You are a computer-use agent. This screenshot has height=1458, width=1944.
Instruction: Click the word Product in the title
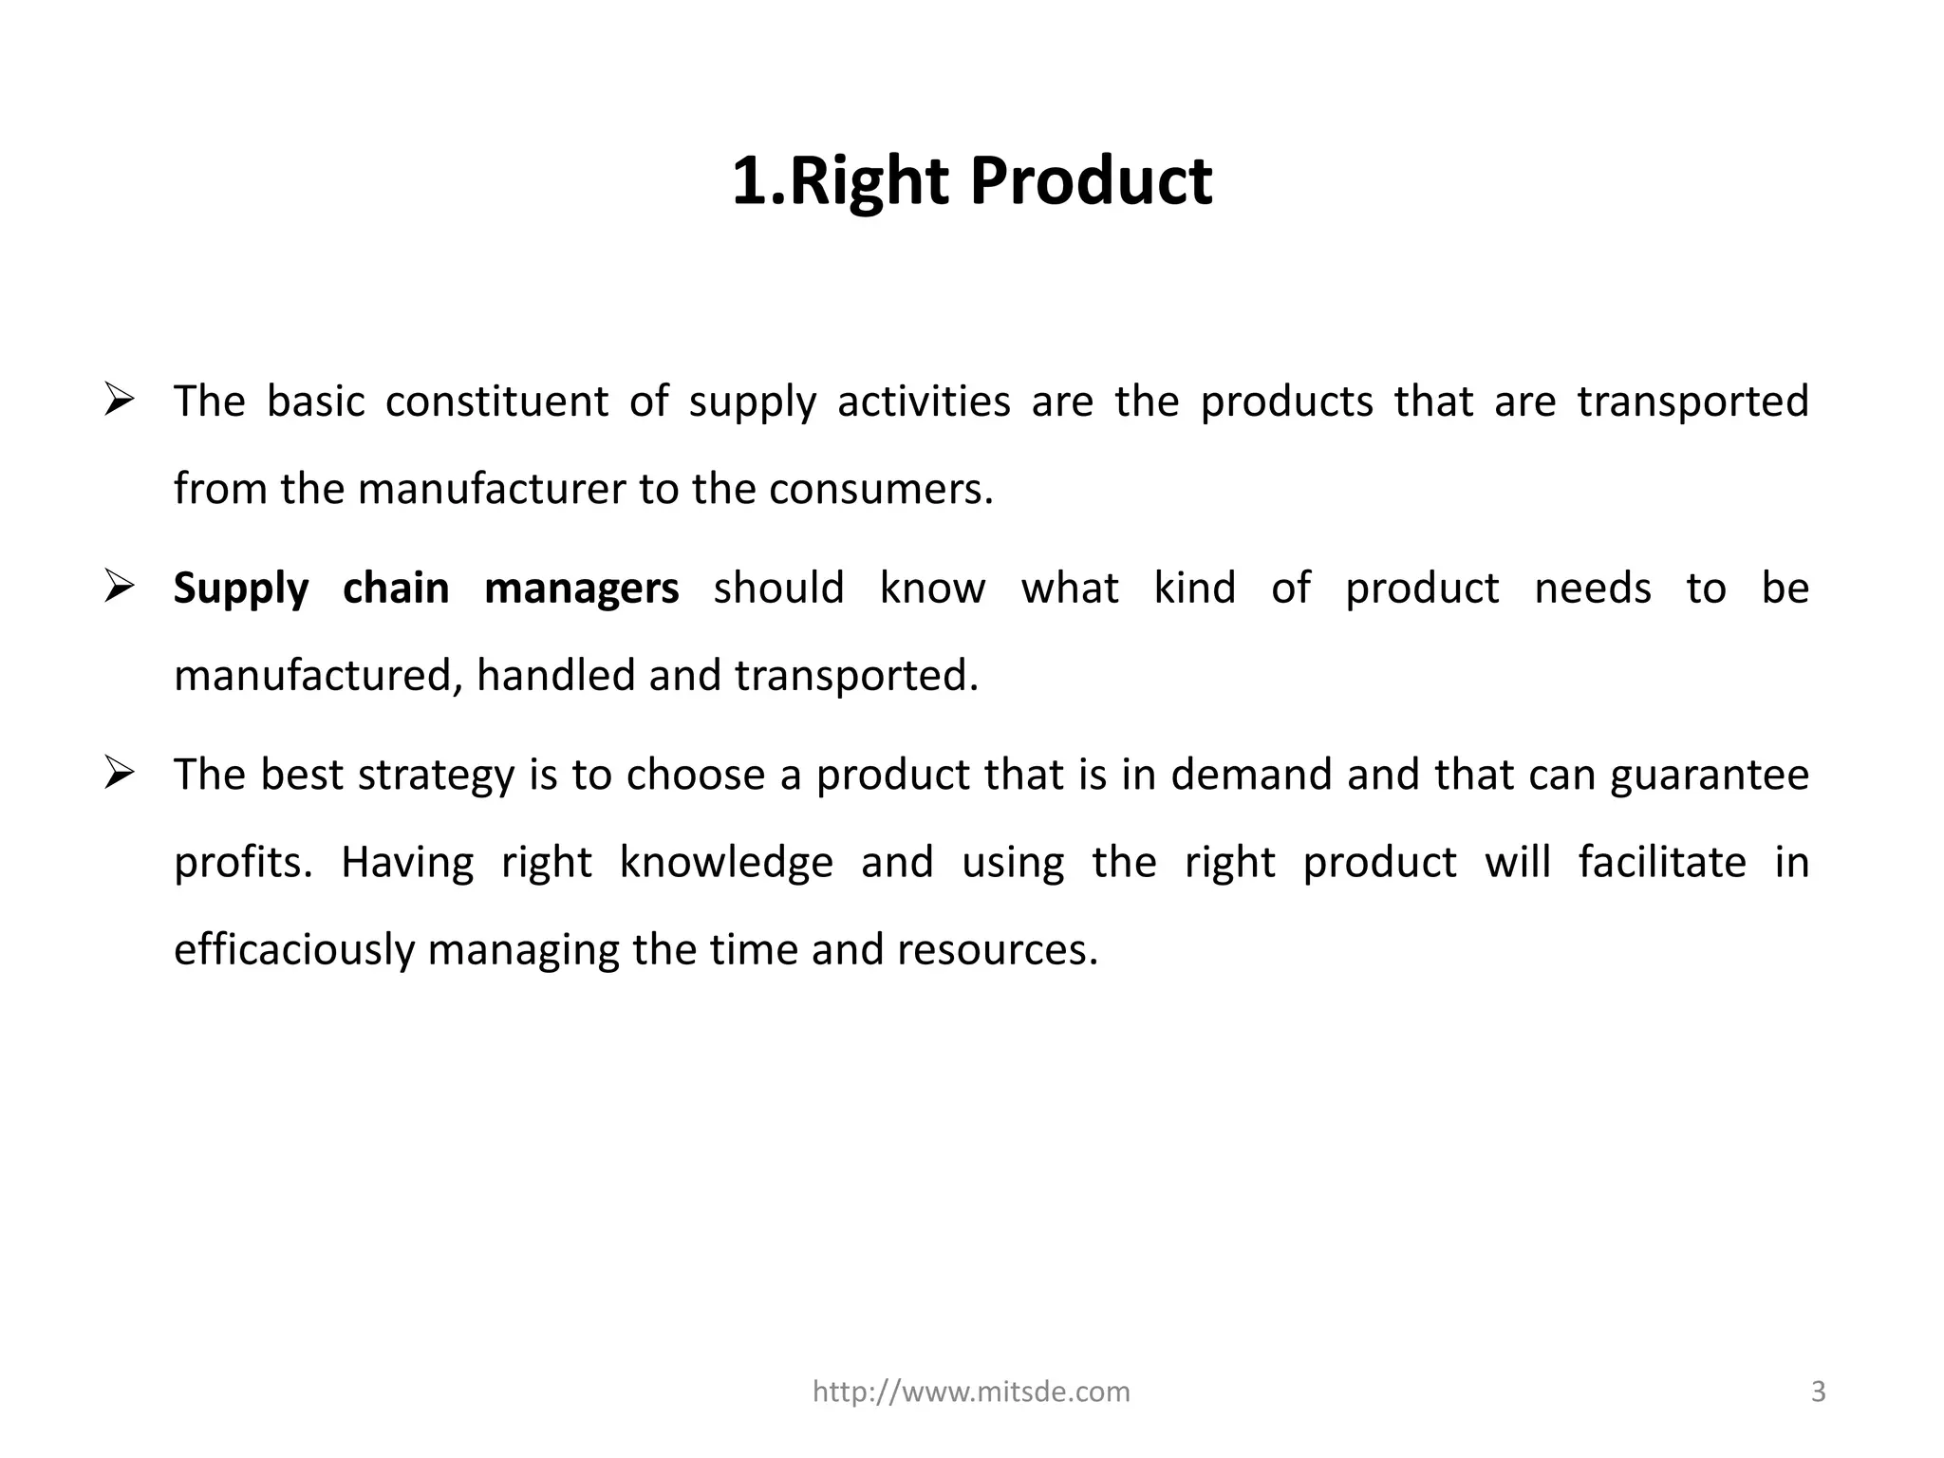[x=1091, y=180]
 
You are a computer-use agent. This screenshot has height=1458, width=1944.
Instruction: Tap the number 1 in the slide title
[x=749, y=180]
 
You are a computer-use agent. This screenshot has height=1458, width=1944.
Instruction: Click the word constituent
[x=496, y=401]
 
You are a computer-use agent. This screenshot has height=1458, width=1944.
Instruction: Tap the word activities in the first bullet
[x=924, y=401]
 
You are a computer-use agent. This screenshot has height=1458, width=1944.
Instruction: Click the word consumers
[x=880, y=489]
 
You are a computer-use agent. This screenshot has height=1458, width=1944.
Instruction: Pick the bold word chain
[x=396, y=588]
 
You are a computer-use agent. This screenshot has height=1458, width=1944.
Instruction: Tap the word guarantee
[x=1710, y=776]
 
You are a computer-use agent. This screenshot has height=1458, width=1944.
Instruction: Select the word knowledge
[x=726, y=863]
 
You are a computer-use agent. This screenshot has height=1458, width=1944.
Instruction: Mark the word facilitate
[x=1662, y=862]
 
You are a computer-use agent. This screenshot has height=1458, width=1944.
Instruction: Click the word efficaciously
[x=294, y=950]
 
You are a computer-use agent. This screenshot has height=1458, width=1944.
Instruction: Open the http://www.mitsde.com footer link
[x=971, y=1392]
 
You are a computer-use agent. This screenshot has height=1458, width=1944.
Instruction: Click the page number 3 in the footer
[x=1819, y=1392]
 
